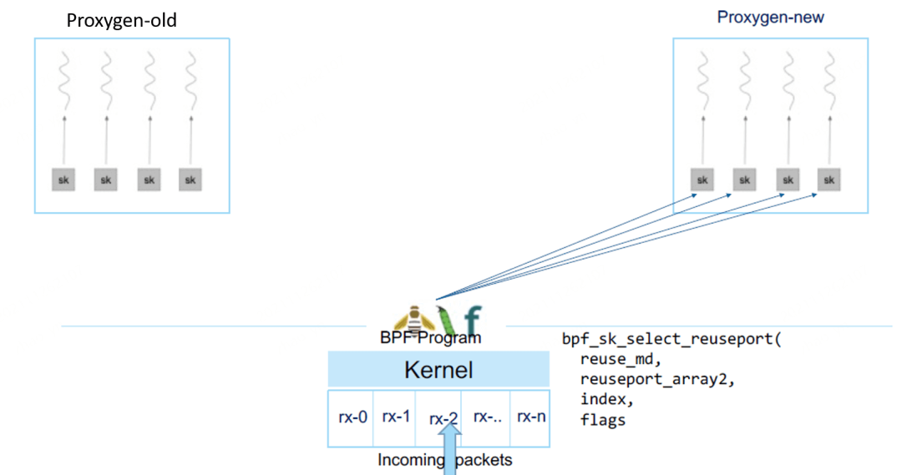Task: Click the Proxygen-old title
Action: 122,20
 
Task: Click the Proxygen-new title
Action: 770,17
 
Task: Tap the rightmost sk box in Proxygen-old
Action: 190,179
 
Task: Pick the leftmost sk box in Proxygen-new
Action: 702,179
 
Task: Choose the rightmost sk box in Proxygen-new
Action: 829,179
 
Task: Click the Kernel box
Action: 438,370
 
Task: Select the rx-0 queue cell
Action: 352,416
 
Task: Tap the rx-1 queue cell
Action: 396,416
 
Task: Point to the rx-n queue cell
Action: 530,416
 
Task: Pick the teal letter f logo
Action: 473,321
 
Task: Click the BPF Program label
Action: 430,339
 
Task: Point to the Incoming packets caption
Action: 444,460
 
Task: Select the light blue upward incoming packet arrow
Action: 451,447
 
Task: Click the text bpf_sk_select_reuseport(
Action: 671,341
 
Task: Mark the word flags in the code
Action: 602,420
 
